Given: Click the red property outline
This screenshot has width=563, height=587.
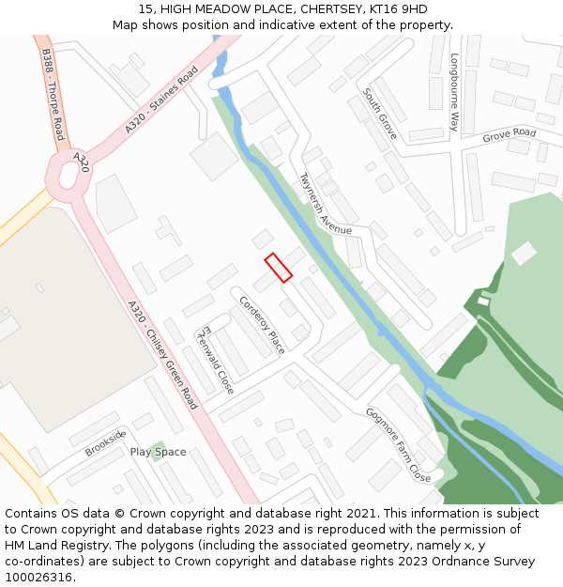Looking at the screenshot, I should [x=278, y=268].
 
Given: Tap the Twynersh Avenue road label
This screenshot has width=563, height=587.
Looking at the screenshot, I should [x=325, y=204].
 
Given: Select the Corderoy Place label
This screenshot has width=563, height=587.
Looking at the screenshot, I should [x=262, y=324].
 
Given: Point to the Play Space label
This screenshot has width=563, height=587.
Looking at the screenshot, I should [x=158, y=452].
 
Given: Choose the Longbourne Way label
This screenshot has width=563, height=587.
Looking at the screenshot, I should [x=454, y=91].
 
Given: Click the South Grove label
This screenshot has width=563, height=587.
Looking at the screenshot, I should [x=380, y=114].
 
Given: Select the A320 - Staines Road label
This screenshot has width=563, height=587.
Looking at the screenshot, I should [x=161, y=99].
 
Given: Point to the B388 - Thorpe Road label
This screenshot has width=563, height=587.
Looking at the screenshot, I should [x=53, y=95].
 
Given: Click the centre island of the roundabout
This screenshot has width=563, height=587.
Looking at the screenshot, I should [x=68, y=176].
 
